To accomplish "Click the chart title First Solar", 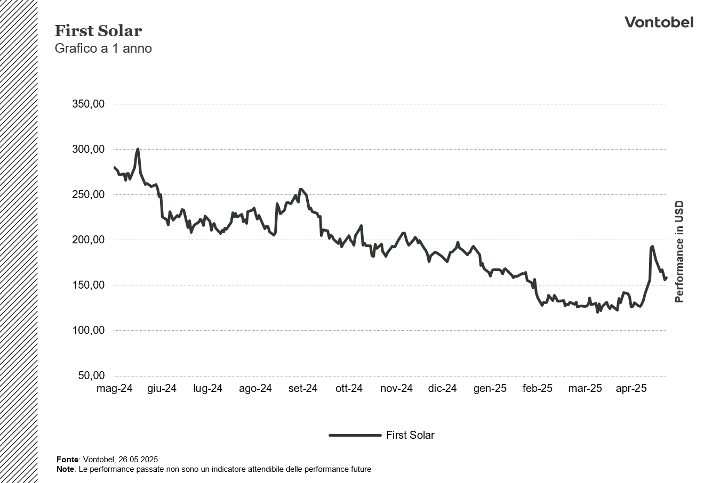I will (98, 31).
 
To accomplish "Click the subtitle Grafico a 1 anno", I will (103, 48).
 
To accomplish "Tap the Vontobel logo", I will (659, 22).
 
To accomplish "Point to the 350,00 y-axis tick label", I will (88, 104).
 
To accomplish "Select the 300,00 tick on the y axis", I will (88, 149).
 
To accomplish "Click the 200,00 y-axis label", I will (88, 240).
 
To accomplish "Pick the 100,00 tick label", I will (88, 330).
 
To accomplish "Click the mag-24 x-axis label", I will (114, 389).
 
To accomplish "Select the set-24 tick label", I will (303, 389).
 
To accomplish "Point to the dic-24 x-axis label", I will (442, 389).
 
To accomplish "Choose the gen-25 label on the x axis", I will (490, 389).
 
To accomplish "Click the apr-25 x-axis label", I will (631, 389).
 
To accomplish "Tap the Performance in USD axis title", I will (679, 251).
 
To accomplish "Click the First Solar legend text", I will (410, 435).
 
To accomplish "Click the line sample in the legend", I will (355, 435).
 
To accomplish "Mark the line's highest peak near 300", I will (138, 149).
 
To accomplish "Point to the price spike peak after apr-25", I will (652, 247).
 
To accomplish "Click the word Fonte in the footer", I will (67, 459).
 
